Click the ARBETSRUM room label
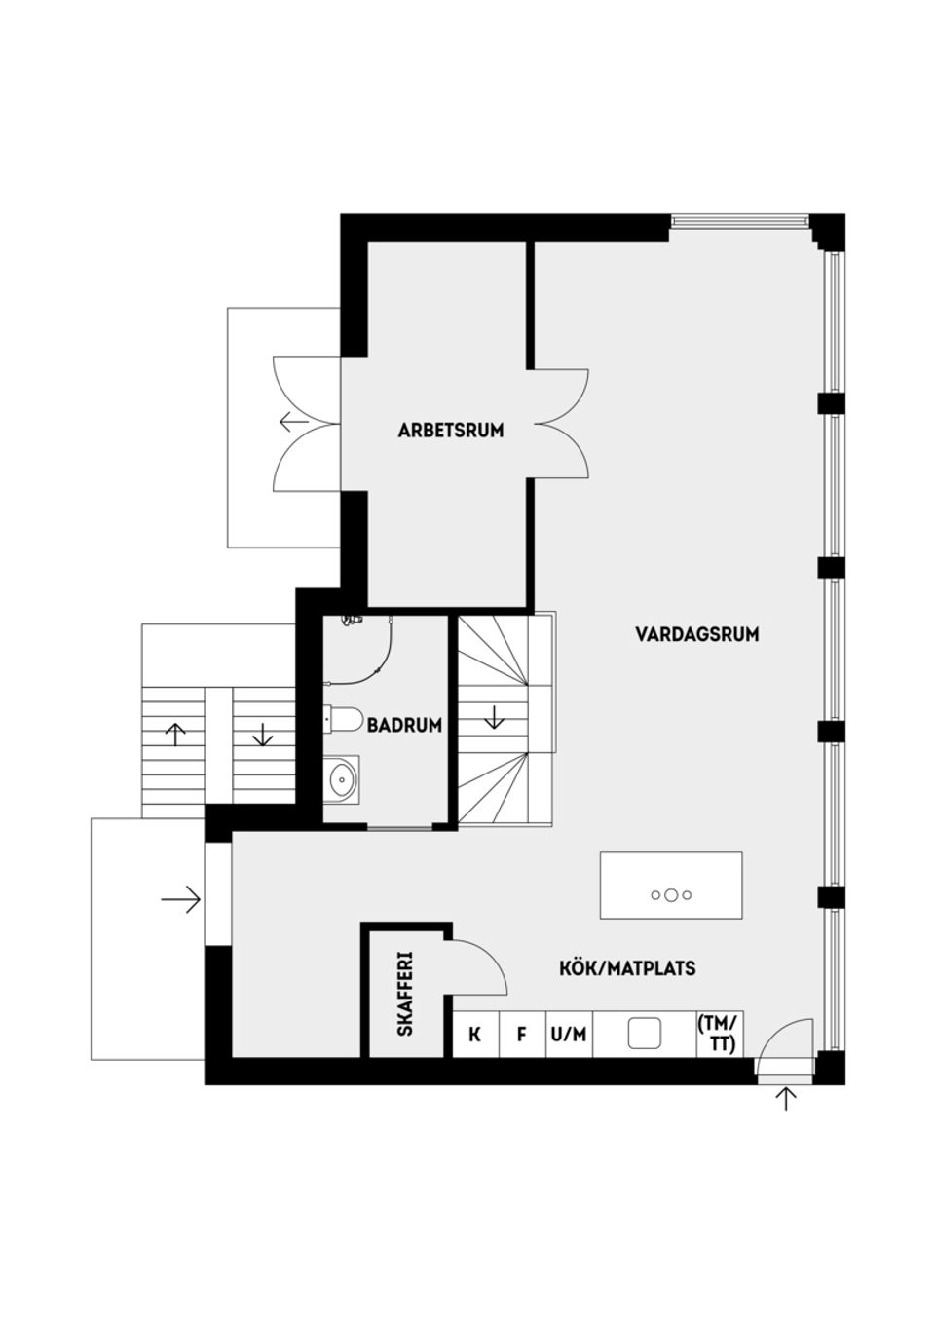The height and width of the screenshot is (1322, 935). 450,430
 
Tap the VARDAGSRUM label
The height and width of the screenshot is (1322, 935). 696,634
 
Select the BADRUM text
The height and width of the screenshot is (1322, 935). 404,725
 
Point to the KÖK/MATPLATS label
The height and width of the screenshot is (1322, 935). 627,968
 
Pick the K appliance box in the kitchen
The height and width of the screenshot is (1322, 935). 475,1035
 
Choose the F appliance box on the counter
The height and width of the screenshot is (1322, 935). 522,1035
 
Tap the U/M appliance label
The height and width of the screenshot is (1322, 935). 569,1035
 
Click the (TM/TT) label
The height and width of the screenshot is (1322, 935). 719,1035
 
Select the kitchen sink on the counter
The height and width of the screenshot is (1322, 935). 644,1034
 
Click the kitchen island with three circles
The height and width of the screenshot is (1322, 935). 671,886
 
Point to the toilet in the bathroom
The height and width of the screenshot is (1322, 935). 342,719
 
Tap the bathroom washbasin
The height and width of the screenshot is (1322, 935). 342,779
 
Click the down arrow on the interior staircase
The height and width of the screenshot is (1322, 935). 494,718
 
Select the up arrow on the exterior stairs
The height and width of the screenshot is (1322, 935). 175,734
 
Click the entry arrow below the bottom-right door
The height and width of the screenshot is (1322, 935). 786,1099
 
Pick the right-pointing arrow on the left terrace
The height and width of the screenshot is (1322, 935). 181,899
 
